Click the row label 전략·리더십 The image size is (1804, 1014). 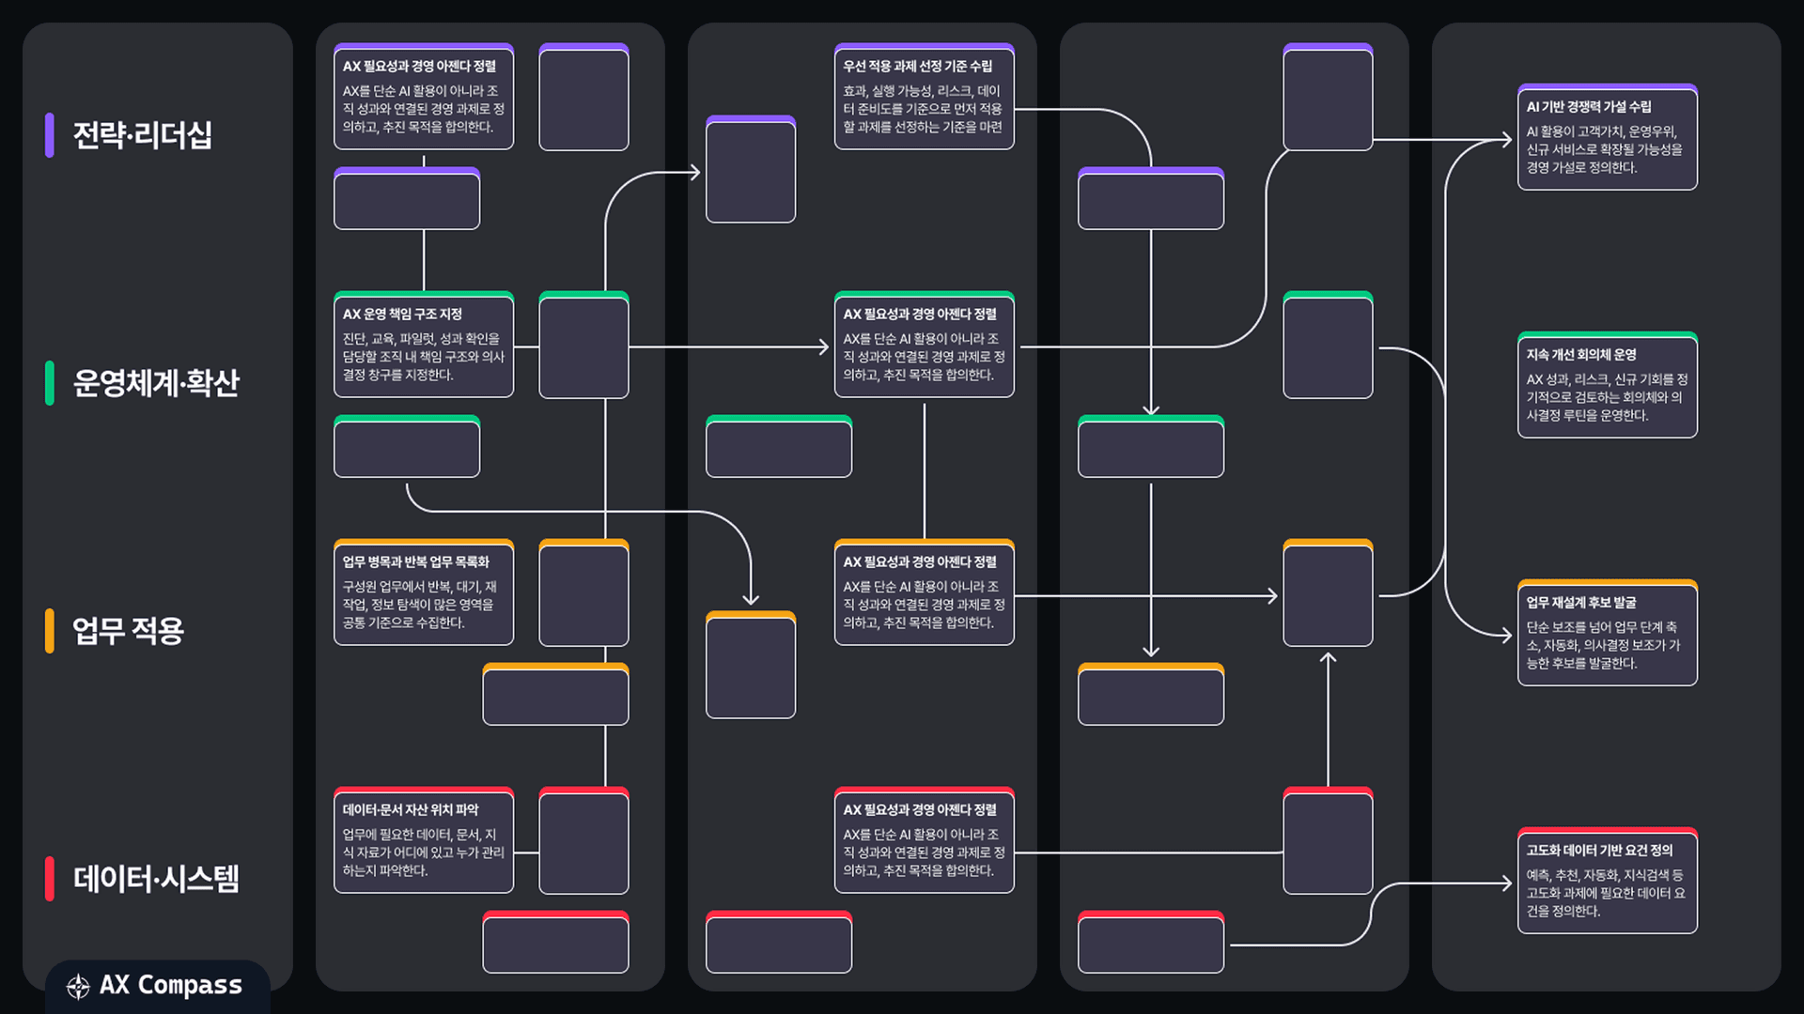pos(142,135)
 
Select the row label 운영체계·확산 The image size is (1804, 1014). pos(156,383)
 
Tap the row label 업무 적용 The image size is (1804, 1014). pos(128,631)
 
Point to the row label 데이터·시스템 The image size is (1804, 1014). pos(156,879)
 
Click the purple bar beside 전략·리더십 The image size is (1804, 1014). pos(49,135)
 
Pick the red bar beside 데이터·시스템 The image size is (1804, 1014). pos(49,879)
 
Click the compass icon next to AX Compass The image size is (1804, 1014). pos(78,986)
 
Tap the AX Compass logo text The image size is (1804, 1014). pos(171,985)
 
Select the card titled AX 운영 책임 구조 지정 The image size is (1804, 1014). pos(424,345)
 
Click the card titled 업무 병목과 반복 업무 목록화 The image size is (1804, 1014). pos(424,592)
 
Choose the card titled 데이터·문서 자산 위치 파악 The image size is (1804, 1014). pos(424,840)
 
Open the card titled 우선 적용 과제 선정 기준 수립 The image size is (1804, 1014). pos(925,97)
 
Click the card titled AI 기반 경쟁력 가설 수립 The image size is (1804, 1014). pos(1608,137)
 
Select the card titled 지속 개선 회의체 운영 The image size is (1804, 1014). pos(1608,385)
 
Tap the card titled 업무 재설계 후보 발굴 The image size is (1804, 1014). pos(1608,633)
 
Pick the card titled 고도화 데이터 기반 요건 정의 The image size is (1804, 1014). pos(1608,881)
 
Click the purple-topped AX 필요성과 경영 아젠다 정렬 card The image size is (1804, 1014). pos(424,97)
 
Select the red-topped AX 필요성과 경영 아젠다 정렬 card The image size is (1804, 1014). pos(925,840)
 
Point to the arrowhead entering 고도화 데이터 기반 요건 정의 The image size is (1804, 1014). pos(1507,883)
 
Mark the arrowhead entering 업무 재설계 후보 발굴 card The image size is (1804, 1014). pos(1507,636)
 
